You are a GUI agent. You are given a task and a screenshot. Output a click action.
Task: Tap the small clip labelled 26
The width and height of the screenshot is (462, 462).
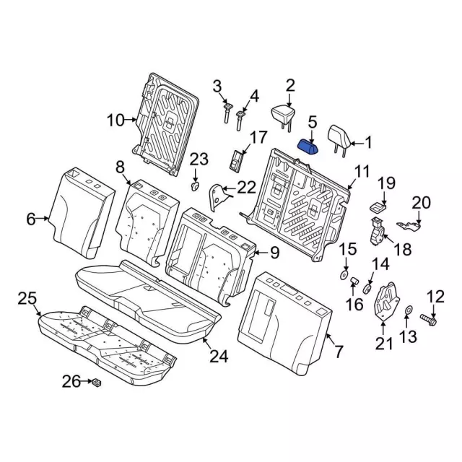point(96,382)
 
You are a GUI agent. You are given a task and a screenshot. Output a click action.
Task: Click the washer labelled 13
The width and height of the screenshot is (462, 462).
point(409,311)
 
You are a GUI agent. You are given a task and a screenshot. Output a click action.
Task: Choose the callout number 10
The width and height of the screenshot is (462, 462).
point(115,121)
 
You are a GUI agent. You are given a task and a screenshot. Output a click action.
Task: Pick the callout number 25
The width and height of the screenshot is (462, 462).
point(27,298)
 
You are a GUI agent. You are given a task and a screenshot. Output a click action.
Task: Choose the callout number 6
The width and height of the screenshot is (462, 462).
point(30,218)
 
